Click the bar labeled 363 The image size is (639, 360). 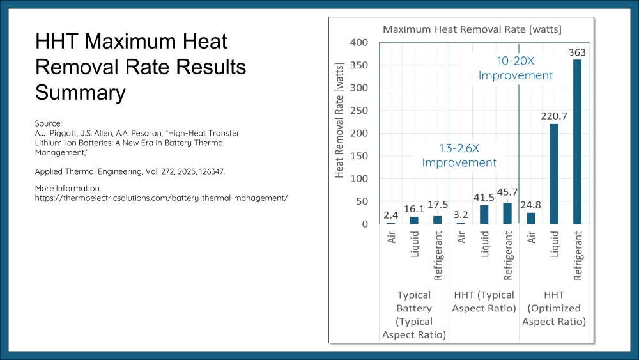pos(577,142)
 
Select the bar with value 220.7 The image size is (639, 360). pos(554,174)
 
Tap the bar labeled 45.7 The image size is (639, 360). pos(507,214)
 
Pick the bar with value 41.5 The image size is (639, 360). pos(484,214)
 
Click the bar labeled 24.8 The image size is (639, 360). pos(530,218)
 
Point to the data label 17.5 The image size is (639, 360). pos(438,204)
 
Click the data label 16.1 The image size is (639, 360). pos(414,208)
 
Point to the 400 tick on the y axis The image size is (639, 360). pos(359,42)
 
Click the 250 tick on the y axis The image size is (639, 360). pos(359,111)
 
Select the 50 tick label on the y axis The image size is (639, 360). pos(362,201)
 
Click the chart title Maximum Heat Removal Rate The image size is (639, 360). pos(472,29)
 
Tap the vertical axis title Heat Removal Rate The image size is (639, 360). pos(339,120)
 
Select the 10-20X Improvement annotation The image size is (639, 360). pos(516,68)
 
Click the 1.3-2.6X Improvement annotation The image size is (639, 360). pos(459,155)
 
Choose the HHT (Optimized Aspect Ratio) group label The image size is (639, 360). pos(554,308)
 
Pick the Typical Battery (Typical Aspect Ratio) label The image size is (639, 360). pos(414,315)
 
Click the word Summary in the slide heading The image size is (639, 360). pos(81,93)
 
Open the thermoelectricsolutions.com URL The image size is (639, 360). pos(162,198)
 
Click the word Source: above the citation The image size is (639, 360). pos(49,123)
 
